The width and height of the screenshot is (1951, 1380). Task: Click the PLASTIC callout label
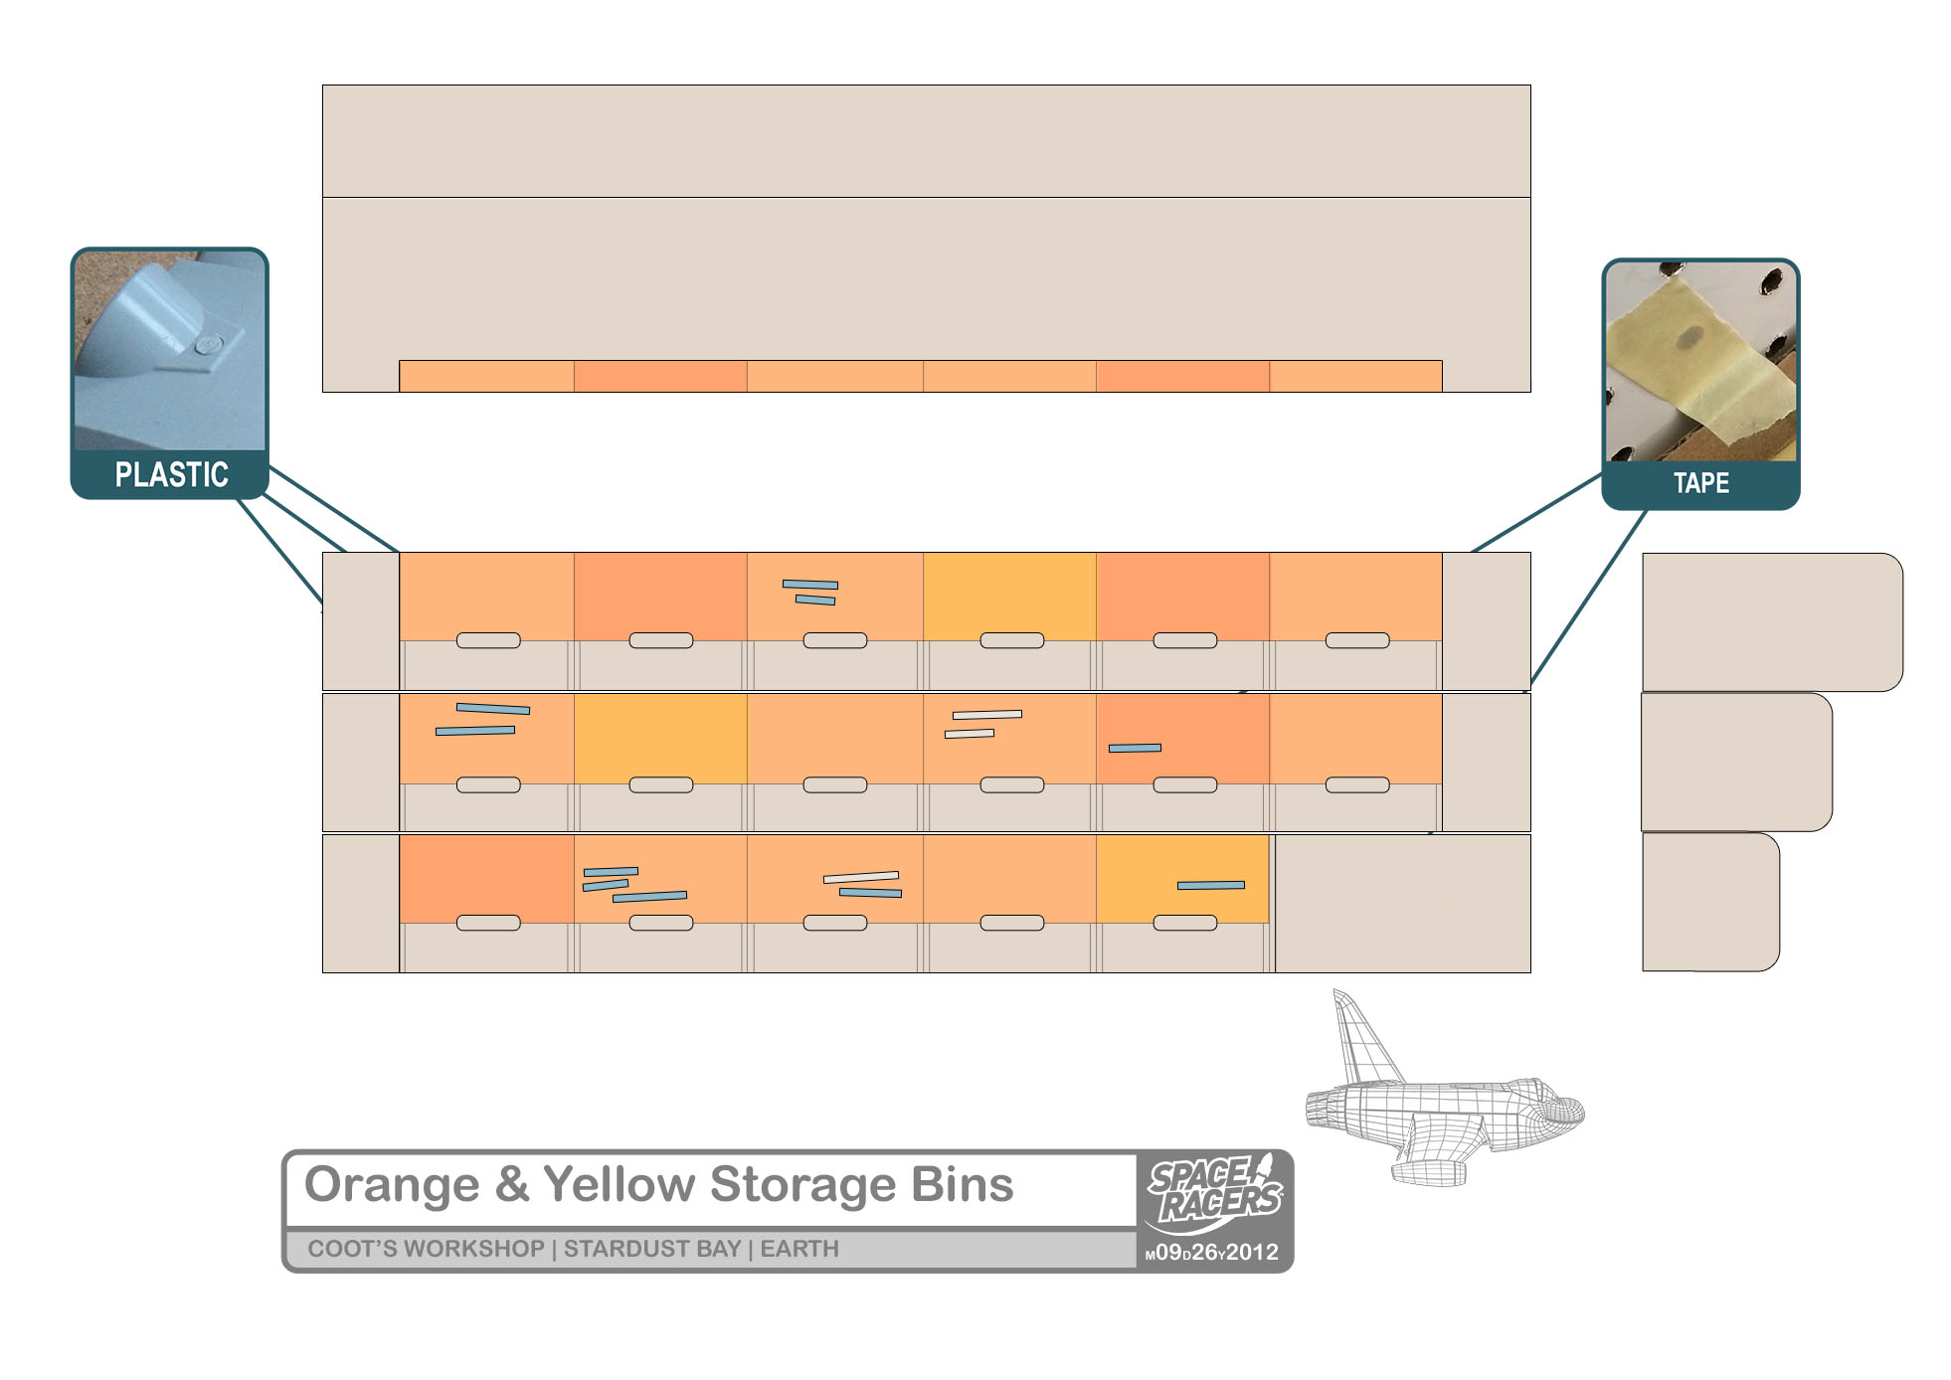171,475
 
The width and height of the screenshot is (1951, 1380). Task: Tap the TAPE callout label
1700,484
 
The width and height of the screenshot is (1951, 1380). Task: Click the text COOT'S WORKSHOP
426,1250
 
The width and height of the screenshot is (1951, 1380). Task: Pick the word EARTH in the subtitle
799,1250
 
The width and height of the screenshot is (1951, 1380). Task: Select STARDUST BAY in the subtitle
652,1250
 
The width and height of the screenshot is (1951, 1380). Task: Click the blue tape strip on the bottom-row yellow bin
1211,885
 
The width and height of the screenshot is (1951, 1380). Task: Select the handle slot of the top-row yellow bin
1011,640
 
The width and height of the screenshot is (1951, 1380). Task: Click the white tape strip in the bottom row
861,877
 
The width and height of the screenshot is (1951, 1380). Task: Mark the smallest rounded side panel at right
1709,902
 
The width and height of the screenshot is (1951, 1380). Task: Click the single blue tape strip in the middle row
1135,748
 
